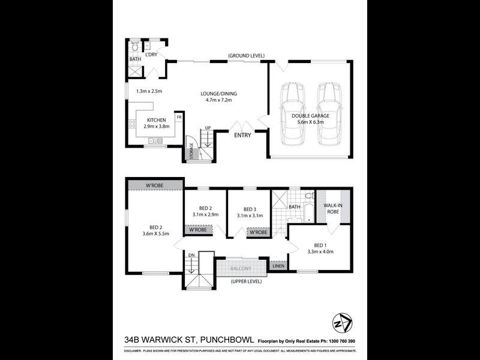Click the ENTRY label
(243, 135)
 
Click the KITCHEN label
(156, 120)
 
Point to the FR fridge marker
(179, 117)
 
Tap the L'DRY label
(151, 55)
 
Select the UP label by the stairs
(208, 128)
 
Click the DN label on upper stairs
(191, 255)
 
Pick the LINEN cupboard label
(278, 265)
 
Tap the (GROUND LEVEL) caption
(246, 56)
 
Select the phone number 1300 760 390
(339, 341)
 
